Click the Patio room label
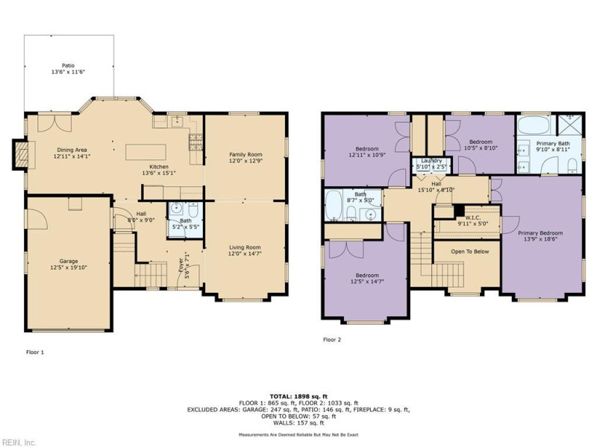(x=69, y=66)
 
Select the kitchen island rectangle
(x=146, y=152)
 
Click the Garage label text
(x=69, y=261)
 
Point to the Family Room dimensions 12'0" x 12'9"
(x=246, y=160)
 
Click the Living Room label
(x=245, y=247)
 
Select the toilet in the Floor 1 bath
(x=193, y=209)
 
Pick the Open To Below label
(x=470, y=252)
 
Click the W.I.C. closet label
(x=473, y=218)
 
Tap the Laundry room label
(x=431, y=161)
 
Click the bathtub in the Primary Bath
(x=534, y=124)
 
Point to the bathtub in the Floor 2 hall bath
(x=334, y=206)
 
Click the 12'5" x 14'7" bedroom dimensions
(x=367, y=282)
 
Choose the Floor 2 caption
(x=332, y=340)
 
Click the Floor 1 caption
(x=35, y=352)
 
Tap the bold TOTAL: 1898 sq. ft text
(x=298, y=396)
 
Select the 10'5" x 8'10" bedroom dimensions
(x=481, y=148)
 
